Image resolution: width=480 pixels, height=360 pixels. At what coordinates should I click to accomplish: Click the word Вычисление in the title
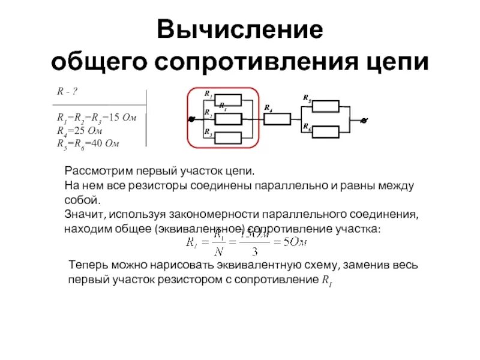click(x=240, y=31)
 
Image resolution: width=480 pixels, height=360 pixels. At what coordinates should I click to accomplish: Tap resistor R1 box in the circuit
click(x=228, y=100)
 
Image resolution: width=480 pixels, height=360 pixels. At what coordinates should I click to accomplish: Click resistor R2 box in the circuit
click(x=228, y=119)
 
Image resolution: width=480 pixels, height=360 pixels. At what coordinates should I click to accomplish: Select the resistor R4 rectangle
click(x=277, y=119)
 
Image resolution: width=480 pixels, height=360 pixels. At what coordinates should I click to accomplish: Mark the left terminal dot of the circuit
click(x=191, y=119)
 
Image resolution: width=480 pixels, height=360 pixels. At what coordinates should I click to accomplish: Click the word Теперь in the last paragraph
click(x=86, y=265)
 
